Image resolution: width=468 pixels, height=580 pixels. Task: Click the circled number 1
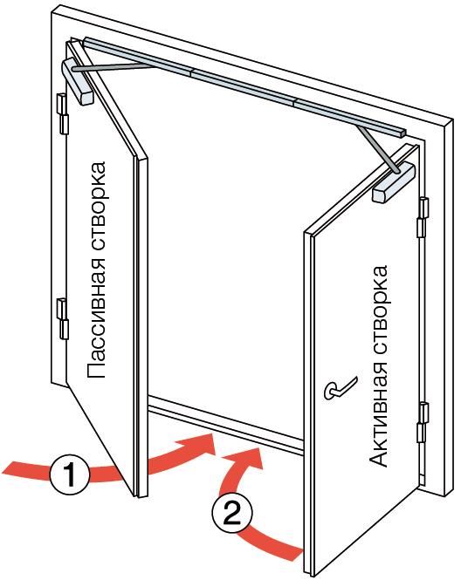(70, 475)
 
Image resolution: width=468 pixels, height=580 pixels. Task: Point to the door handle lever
(341, 388)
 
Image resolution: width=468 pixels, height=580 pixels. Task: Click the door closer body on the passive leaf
(78, 81)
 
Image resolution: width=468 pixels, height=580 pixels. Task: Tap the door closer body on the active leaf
(394, 182)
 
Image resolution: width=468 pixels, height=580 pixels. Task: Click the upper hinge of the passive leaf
(63, 113)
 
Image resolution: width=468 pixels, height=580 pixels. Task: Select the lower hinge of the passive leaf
(63, 319)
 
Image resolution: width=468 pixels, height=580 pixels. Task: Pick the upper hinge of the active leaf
(423, 217)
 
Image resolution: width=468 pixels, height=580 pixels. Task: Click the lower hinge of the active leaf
(423, 422)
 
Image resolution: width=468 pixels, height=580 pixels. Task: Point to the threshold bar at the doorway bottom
(226, 424)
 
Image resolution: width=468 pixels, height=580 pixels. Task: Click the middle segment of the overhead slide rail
(244, 87)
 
